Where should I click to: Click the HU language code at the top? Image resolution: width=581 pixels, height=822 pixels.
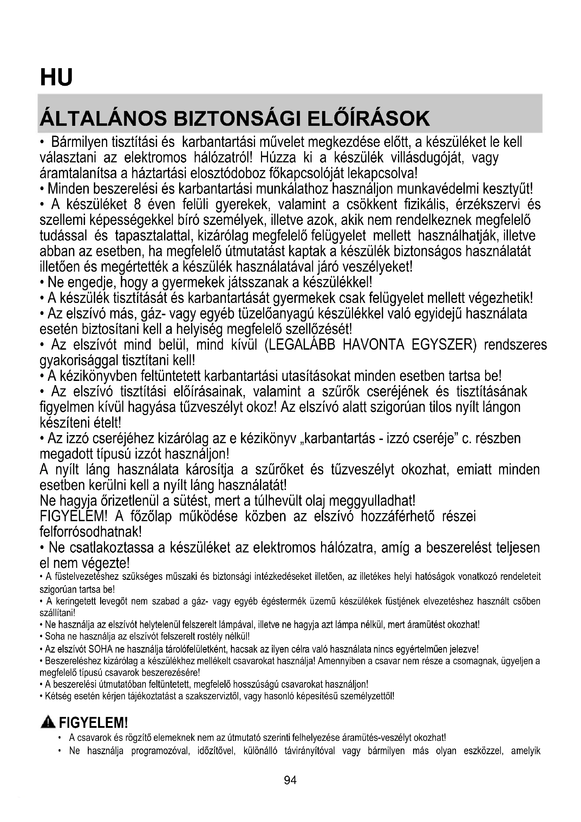[x=56, y=77]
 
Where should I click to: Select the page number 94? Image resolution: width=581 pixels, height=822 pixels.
[x=290, y=780]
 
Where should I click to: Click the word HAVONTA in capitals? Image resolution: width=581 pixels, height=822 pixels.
[x=373, y=345]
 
